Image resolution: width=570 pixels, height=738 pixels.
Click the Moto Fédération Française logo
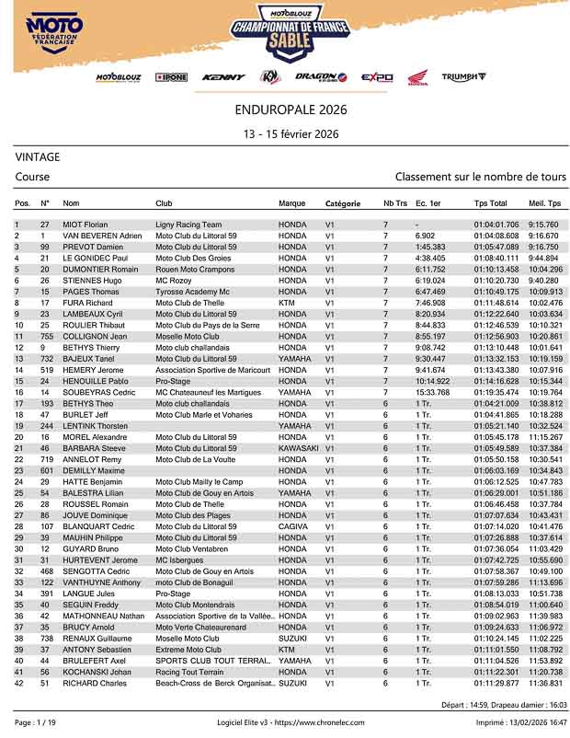[x=54, y=36]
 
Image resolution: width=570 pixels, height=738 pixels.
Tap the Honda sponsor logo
[x=417, y=78]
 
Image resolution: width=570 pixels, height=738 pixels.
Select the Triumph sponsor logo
[x=463, y=77]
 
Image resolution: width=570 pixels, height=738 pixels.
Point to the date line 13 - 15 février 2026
[x=291, y=134]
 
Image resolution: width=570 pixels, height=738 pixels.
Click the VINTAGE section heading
[x=38, y=157]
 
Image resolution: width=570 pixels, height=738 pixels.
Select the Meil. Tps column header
[x=544, y=203]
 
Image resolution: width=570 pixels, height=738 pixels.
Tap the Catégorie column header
[x=342, y=203]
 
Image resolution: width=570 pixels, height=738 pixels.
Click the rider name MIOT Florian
[x=85, y=225]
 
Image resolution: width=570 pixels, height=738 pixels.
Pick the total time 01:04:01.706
[x=496, y=225]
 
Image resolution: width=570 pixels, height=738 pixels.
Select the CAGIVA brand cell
[x=294, y=526]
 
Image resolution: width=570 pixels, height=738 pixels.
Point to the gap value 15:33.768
[x=432, y=392]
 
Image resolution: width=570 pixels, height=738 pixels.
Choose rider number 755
[x=46, y=336]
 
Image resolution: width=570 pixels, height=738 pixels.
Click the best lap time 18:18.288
[x=544, y=415]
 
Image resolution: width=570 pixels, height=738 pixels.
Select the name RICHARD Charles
[x=94, y=684]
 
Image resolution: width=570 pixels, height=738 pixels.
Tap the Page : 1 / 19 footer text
[x=35, y=723]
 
